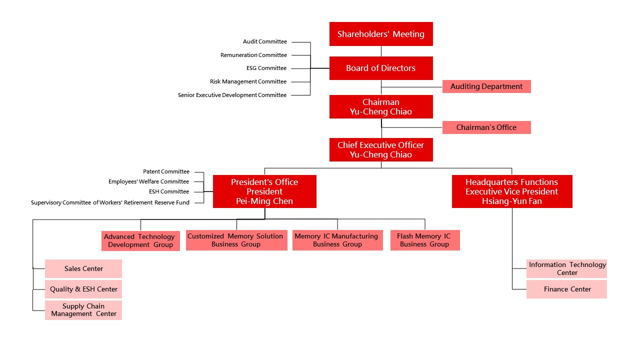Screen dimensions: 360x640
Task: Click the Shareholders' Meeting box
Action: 381,34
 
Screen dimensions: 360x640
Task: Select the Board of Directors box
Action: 381,68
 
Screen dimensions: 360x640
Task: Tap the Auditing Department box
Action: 486,86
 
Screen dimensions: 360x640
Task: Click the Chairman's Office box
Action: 486,127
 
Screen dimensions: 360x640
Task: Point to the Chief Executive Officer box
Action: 381,149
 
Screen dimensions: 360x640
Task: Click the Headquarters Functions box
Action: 512,191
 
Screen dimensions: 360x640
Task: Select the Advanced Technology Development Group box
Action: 140,240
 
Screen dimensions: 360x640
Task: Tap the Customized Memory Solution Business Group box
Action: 236,240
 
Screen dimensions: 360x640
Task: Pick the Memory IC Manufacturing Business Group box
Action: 337,240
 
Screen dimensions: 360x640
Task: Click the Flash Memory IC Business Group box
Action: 425,240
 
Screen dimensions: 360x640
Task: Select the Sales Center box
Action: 83,268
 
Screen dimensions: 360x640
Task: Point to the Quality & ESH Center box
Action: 83,289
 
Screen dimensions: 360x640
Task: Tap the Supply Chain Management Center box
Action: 83,310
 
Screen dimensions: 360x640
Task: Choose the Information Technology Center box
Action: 567,268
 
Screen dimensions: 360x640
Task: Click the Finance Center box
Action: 567,289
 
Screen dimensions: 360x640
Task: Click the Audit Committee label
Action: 265,41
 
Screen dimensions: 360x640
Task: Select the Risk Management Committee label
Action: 248,81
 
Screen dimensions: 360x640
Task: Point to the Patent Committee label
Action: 166,171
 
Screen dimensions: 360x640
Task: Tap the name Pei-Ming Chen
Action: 264,201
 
